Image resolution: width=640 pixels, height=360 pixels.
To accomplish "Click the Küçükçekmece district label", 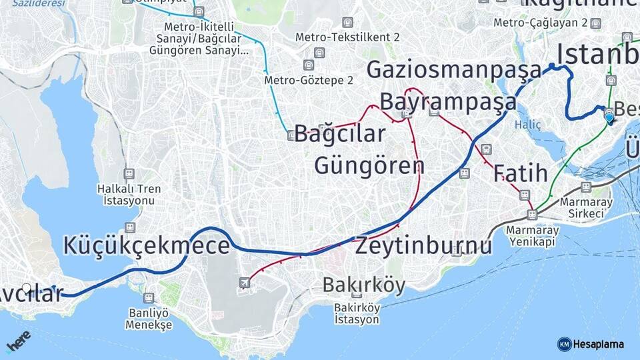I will (x=146, y=246).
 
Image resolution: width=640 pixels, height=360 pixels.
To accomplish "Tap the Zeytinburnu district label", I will (x=423, y=245).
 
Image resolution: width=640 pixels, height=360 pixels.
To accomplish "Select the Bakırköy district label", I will (x=363, y=285).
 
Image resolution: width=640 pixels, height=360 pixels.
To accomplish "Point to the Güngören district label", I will (x=369, y=165).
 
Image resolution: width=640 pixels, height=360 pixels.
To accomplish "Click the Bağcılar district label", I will (x=339, y=133).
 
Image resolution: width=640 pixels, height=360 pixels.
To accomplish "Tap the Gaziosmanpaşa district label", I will (x=454, y=69).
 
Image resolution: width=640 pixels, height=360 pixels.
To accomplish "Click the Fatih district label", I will (x=520, y=173).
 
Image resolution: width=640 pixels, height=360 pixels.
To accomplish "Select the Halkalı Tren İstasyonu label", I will (x=129, y=194).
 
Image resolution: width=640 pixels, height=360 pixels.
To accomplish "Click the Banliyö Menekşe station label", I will (x=148, y=319).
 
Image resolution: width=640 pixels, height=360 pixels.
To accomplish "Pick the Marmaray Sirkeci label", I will (x=582, y=207).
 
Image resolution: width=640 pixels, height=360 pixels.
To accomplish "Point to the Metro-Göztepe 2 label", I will (x=309, y=80).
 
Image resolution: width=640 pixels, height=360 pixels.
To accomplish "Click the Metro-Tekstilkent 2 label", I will (x=347, y=37).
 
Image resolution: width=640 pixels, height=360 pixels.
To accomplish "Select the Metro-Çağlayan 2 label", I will (x=540, y=23).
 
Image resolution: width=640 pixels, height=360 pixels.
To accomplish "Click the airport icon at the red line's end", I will (x=245, y=283).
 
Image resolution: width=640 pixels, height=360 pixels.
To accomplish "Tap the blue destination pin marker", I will (x=609, y=117).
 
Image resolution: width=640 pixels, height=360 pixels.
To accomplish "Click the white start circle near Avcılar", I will (x=27, y=289).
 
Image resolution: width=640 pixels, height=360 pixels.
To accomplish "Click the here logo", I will (x=18, y=341).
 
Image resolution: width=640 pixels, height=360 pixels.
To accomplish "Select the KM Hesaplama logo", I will (x=591, y=344).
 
